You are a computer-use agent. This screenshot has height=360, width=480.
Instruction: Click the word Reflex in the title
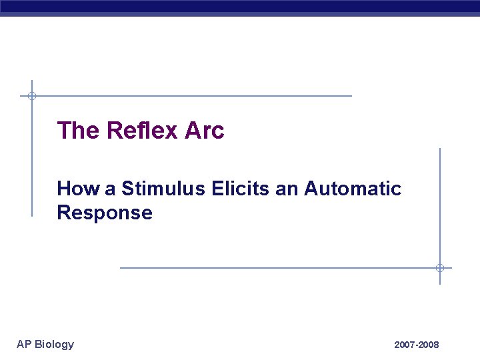[142, 131]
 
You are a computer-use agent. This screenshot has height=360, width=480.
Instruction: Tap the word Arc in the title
[205, 131]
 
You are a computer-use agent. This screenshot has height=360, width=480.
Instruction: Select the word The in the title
[78, 131]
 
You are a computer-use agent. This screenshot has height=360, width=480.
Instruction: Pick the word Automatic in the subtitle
[353, 189]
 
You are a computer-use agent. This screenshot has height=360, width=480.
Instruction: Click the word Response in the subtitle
[105, 213]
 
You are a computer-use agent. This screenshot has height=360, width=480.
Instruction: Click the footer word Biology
[54, 344]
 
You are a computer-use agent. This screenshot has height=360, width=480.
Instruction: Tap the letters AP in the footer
[24, 344]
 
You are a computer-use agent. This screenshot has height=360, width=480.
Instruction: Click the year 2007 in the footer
[404, 345]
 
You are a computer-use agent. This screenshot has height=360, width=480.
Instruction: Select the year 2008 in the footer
[429, 345]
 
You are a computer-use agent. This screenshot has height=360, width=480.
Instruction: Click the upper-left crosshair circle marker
[31, 96]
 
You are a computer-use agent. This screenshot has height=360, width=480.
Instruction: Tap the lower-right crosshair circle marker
[440, 268]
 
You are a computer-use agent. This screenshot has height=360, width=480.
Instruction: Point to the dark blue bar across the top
[240, 7]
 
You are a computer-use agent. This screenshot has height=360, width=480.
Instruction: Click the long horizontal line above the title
[200, 96]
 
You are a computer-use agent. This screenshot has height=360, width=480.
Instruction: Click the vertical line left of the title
[31, 160]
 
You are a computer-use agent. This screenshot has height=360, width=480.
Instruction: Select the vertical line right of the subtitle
[440, 200]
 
